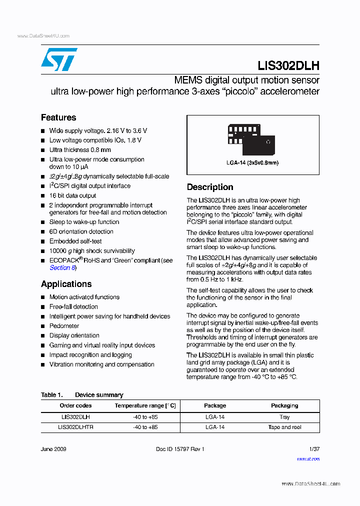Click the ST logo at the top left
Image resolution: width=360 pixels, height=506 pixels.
pos(59,59)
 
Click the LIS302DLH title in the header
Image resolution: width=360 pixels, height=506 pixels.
pos(288,65)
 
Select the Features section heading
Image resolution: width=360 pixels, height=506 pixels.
pos(58,117)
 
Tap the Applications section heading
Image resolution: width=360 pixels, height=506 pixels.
pos(66,284)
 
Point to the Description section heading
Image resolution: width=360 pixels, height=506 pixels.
pos(210,187)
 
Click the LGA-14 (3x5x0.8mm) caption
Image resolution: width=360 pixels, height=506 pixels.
pos(252,163)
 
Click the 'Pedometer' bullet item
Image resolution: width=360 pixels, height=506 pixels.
pos(64,326)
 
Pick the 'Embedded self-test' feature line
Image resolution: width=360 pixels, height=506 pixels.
pos(75,241)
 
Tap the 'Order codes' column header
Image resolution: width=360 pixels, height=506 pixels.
pos(75,405)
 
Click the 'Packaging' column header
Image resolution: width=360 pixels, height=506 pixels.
pos(284,405)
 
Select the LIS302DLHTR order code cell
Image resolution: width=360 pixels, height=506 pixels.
pos(75,427)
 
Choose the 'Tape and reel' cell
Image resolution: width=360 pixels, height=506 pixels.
pos(284,427)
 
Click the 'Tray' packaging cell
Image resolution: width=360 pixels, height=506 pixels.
pos(284,416)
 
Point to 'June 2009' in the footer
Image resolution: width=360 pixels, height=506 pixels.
pos(53,449)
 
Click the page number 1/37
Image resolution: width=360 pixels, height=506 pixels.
pos(314,449)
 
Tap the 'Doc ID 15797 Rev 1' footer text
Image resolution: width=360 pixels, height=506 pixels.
pos(180,449)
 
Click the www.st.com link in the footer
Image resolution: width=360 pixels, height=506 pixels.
pos(308,458)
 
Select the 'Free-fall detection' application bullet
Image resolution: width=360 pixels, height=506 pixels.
pos(73,306)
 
